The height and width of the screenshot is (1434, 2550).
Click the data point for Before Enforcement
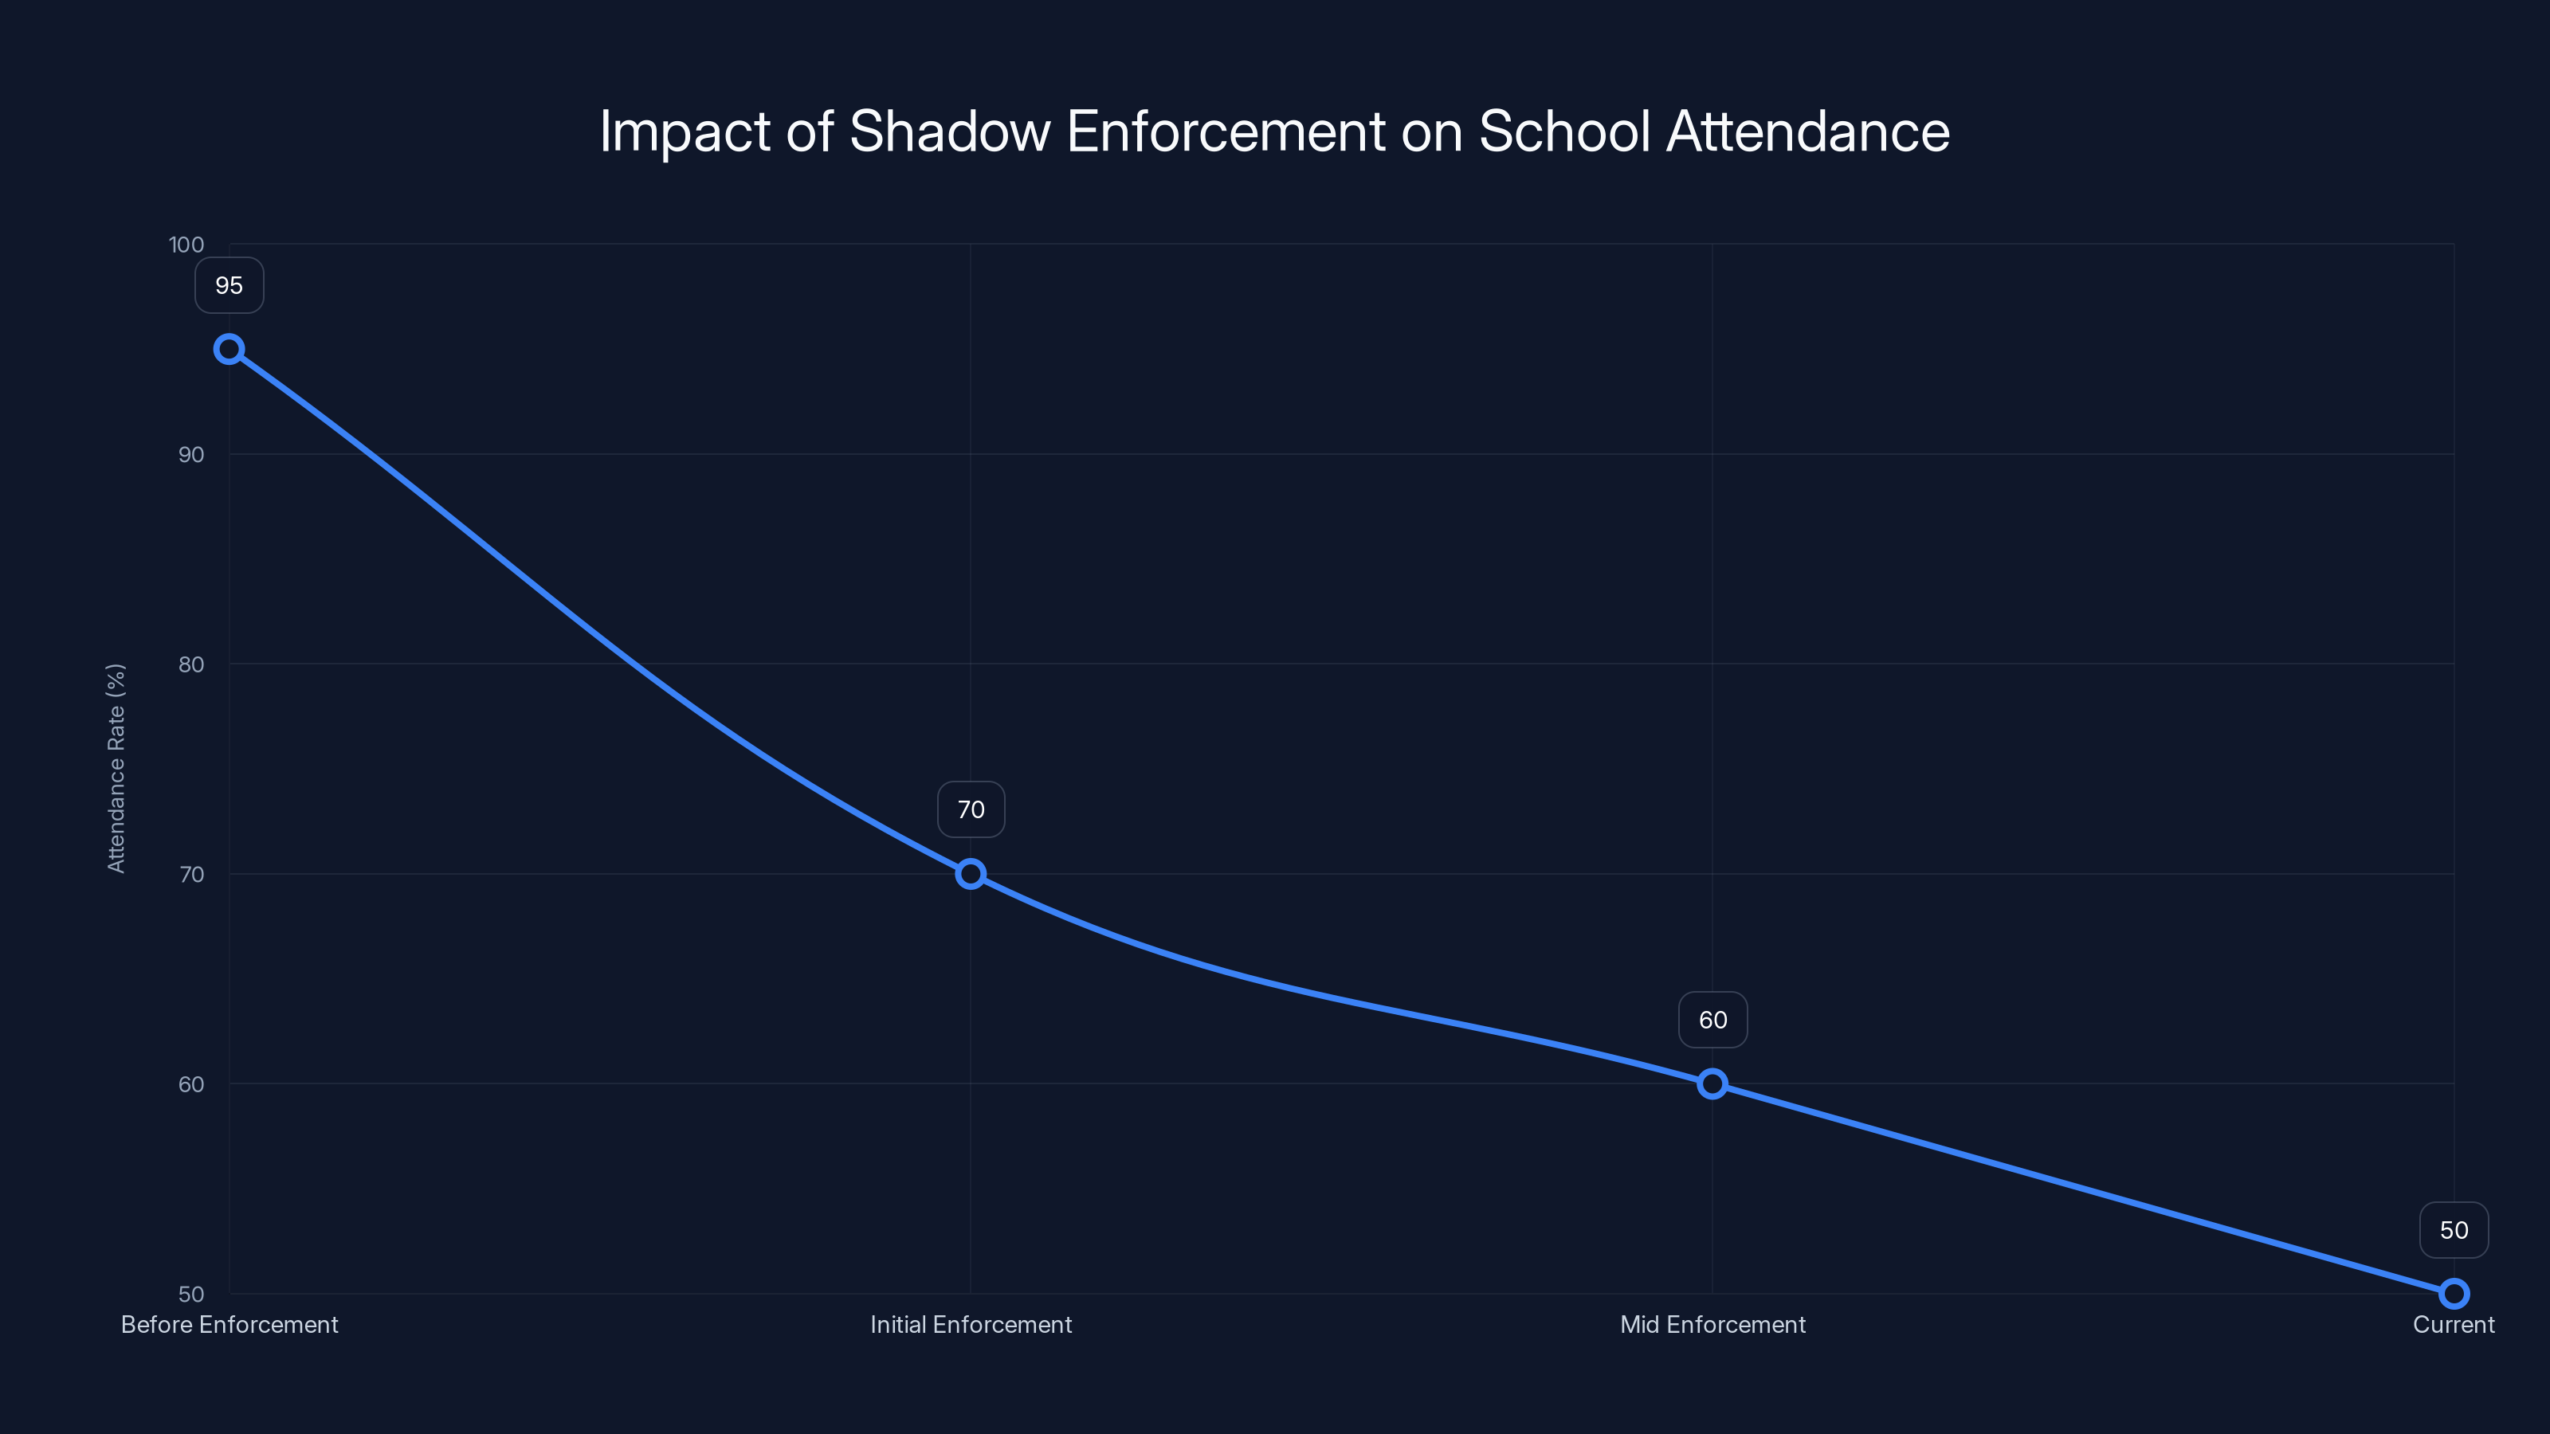[229, 350]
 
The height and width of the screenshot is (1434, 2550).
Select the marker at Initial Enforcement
[970, 874]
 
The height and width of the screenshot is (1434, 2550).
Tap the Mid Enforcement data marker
[1712, 1083]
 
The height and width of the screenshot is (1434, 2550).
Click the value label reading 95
[229, 286]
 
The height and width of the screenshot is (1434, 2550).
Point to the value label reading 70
[970, 809]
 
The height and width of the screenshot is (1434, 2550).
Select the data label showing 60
[1712, 1021]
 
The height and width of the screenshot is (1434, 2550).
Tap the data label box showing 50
[2453, 1230]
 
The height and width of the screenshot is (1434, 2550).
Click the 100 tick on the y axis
[186, 245]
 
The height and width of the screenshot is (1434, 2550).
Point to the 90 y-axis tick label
[191, 454]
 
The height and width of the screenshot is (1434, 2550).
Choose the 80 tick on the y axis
[191, 664]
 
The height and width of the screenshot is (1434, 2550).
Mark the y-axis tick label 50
[191, 1294]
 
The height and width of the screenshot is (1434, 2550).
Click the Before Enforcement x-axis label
[229, 1324]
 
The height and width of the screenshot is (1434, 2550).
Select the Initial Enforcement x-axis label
[970, 1324]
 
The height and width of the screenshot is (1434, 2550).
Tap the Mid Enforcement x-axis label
[1712, 1324]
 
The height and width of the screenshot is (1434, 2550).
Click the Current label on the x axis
[2453, 1324]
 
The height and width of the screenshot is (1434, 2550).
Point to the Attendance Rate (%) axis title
[116, 768]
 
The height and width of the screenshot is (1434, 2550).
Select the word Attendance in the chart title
[1807, 131]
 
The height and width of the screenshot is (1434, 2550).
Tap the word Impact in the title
[684, 131]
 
